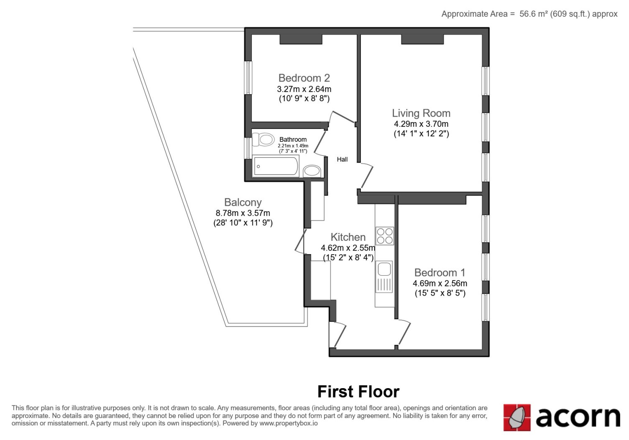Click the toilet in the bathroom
click(x=263, y=139)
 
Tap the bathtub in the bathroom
click(x=276, y=166)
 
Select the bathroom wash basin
click(x=312, y=171)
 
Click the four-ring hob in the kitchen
click(x=385, y=236)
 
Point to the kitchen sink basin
click(x=384, y=269)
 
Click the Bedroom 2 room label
click(x=304, y=78)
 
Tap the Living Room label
click(x=421, y=113)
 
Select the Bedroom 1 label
click(x=440, y=273)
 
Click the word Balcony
click(x=243, y=202)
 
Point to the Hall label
click(x=342, y=159)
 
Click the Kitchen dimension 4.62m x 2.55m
click(x=348, y=248)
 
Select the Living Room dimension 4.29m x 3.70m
click(x=421, y=124)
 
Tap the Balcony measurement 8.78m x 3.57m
click(x=243, y=213)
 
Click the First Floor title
click(x=358, y=391)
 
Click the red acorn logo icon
click(x=517, y=417)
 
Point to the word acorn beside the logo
click(x=578, y=417)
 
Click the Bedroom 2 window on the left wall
click(x=248, y=77)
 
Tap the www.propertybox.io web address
click(x=289, y=423)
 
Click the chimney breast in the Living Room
click(x=422, y=39)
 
